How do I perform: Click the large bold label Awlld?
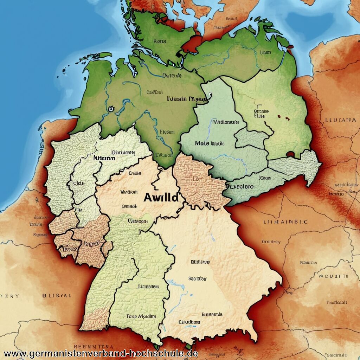(161, 197)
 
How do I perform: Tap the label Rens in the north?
(159, 41)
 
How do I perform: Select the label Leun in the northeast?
(265, 52)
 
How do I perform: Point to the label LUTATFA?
(340, 120)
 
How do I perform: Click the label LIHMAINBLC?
(285, 222)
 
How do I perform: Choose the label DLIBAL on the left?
(57, 296)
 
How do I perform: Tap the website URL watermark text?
(101, 353)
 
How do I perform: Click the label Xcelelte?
(241, 186)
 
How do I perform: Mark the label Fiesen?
(167, 132)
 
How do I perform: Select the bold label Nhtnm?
(104, 158)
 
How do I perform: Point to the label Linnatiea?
(149, 286)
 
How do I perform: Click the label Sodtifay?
(197, 278)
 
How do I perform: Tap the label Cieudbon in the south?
(189, 322)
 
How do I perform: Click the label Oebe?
(135, 173)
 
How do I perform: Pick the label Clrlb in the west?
(79, 183)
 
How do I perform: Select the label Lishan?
(264, 178)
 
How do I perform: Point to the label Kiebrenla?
(212, 314)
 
